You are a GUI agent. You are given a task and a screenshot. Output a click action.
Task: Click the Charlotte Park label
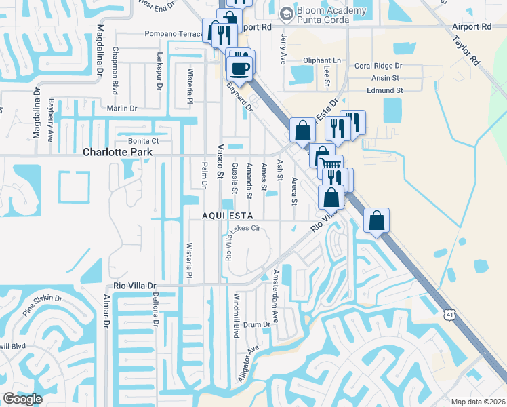tap(118, 153)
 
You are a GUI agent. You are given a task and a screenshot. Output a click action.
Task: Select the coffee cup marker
tap(239, 68)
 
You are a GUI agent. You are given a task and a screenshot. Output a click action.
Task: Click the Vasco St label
tap(220, 164)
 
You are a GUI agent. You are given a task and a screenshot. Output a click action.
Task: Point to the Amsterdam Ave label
tap(275, 297)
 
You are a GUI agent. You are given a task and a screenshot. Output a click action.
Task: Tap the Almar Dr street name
tap(106, 312)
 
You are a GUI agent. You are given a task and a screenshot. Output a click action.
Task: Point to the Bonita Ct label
tap(143, 140)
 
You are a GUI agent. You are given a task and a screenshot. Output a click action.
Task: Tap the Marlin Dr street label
tap(122, 108)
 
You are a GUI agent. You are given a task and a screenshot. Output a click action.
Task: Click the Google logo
tap(22, 399)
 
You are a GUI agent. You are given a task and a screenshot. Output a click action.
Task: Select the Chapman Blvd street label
tap(115, 62)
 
